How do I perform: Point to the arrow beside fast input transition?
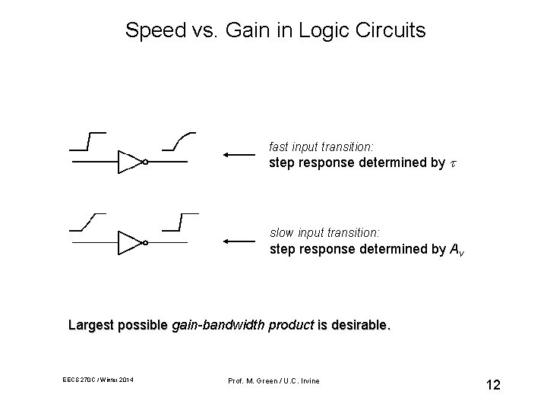coord(240,156)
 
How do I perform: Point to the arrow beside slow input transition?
coord(240,242)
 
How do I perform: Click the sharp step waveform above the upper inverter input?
coord(87,141)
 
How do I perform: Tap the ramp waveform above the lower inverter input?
coord(87,222)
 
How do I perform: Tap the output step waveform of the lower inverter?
coord(180,222)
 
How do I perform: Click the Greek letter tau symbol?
coord(454,163)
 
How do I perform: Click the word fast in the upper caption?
coord(280,146)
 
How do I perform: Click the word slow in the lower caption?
coord(281,232)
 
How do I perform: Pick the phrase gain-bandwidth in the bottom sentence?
coord(215,326)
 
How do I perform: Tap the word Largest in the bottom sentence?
coord(90,326)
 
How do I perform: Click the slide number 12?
coord(493,385)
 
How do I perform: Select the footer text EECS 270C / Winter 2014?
coord(99,380)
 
